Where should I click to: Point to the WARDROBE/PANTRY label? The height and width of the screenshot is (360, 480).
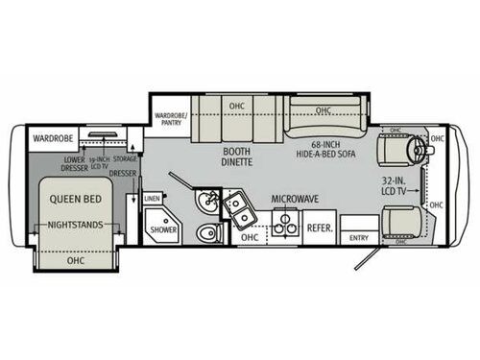tap(169, 118)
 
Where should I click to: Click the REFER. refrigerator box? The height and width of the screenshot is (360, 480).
tap(319, 228)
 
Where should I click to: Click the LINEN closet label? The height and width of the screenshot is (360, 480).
tap(152, 199)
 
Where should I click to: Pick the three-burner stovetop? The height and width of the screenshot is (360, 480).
tap(282, 226)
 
